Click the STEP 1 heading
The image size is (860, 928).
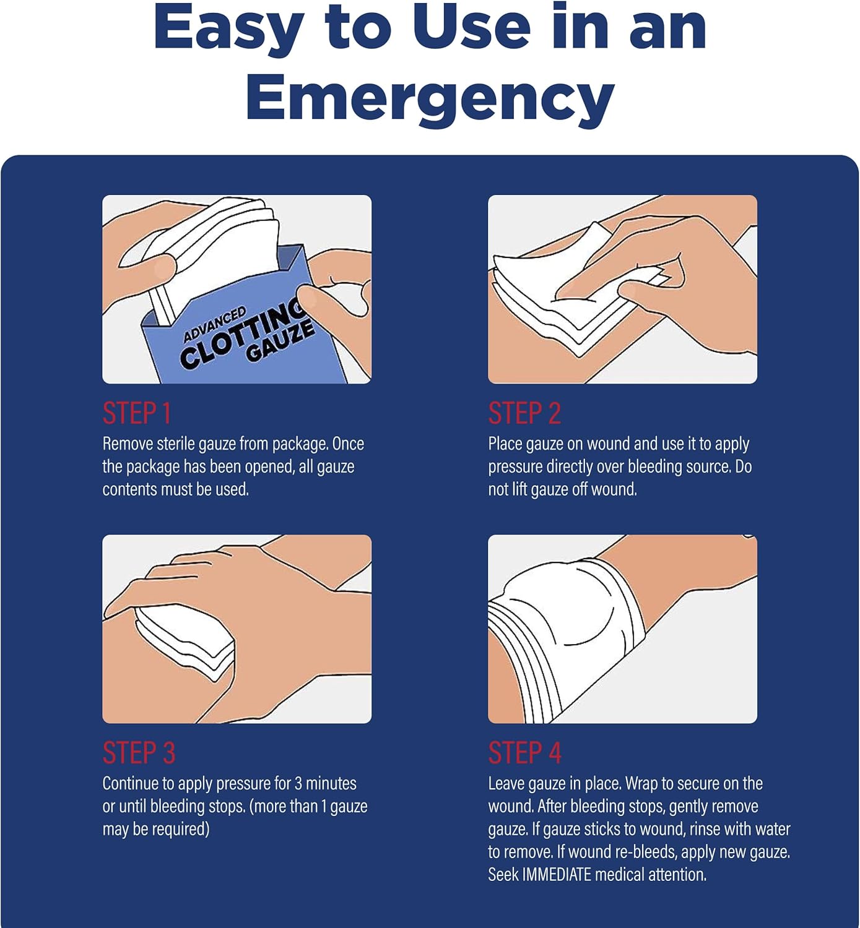[137, 413]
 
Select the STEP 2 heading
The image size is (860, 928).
[524, 413]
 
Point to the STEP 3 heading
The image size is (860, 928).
[139, 753]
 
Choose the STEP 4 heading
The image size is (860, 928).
[524, 753]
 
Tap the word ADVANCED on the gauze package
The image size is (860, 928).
[215, 324]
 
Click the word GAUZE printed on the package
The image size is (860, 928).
[280, 342]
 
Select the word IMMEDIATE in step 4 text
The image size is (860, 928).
[557, 874]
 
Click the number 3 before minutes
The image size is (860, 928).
[297, 783]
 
